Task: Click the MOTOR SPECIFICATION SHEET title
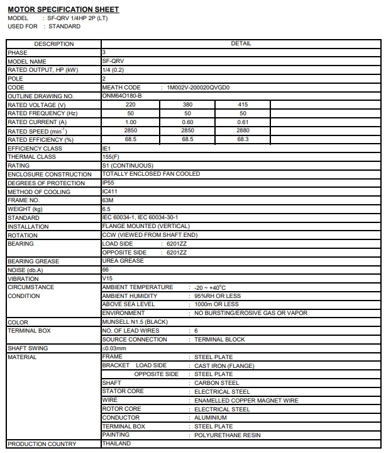coord(63,9)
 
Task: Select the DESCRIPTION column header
coord(53,44)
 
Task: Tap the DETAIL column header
coord(241,44)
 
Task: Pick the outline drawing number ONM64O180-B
coord(122,96)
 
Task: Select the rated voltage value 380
coord(187,105)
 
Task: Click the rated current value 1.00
coord(131,122)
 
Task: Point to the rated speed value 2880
coord(243,131)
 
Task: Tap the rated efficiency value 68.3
coord(243,139)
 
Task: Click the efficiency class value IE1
coord(106,148)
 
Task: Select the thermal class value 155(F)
coord(111,157)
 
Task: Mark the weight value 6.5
coord(106,209)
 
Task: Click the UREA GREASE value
coord(123,261)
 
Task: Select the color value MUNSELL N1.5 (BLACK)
coord(135,322)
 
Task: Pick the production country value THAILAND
coord(116,444)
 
